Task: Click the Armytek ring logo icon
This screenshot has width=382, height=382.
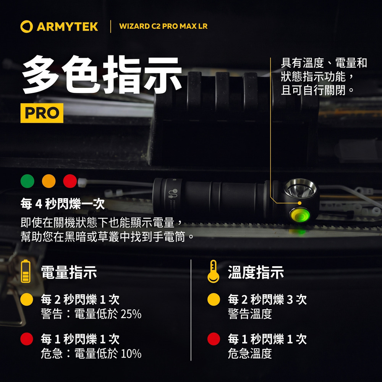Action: [27, 26]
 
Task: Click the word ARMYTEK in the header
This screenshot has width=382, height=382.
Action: [68, 27]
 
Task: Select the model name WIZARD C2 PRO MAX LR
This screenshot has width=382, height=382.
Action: [163, 26]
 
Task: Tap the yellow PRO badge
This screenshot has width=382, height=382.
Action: [42, 113]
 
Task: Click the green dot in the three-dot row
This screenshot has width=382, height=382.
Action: [27, 181]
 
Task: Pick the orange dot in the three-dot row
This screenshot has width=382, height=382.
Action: [49, 181]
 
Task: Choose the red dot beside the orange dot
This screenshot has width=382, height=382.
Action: [70, 181]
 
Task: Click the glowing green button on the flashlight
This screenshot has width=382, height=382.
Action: [299, 215]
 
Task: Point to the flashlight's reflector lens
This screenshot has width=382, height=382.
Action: [300, 188]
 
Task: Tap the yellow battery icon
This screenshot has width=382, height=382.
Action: [26, 271]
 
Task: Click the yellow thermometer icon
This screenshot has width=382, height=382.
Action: [213, 271]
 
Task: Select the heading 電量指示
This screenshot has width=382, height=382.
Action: [69, 272]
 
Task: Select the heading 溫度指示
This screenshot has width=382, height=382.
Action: [256, 272]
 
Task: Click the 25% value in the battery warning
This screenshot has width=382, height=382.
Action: [131, 314]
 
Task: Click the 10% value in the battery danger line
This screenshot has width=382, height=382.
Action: [131, 353]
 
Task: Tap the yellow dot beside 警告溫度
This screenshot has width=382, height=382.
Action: [214, 299]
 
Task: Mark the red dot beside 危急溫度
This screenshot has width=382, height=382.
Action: [214, 339]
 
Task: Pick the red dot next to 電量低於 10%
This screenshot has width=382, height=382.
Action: [27, 339]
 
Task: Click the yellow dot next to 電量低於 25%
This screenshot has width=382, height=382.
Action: [27, 299]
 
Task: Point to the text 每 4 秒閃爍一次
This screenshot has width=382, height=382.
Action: [63, 204]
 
